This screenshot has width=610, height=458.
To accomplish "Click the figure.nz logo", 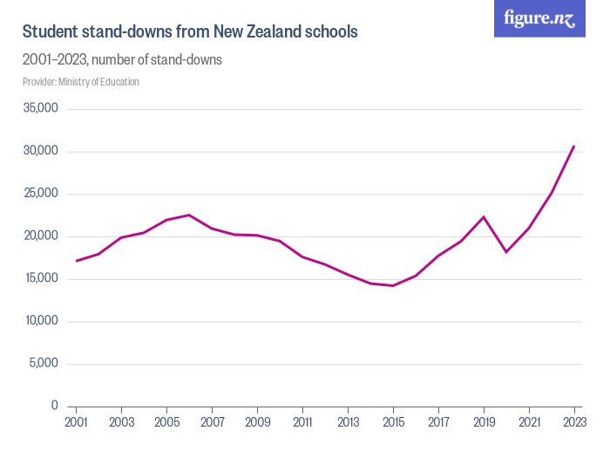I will [x=539, y=18].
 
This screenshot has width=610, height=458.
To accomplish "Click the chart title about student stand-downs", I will [x=190, y=31].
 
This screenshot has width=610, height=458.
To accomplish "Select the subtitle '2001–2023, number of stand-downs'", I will [x=122, y=60].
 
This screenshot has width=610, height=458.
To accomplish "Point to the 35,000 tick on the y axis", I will [x=41, y=109].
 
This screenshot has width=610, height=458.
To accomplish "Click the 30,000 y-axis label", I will [x=41, y=152].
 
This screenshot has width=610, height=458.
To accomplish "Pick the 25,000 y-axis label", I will [x=41, y=194].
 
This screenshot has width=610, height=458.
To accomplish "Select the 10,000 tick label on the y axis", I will [x=41, y=321].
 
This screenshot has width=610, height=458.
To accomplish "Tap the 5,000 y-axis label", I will [x=44, y=364].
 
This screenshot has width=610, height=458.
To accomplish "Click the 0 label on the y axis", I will [x=54, y=406].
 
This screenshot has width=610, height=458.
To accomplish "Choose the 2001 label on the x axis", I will [x=77, y=423].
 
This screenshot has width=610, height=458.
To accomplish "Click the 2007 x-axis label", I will [x=212, y=423].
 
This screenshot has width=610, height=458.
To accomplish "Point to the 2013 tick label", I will [x=348, y=423].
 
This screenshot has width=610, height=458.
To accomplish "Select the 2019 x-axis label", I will [x=484, y=423].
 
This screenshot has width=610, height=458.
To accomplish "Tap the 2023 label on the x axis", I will [x=574, y=423].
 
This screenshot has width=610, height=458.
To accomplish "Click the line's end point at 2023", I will [x=574, y=146].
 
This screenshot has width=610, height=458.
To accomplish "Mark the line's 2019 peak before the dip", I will [x=484, y=217].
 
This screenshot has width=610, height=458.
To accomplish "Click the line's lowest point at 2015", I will [x=393, y=285].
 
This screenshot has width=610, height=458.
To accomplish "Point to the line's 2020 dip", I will [x=506, y=252].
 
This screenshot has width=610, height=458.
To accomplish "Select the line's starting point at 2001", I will [x=77, y=261].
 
